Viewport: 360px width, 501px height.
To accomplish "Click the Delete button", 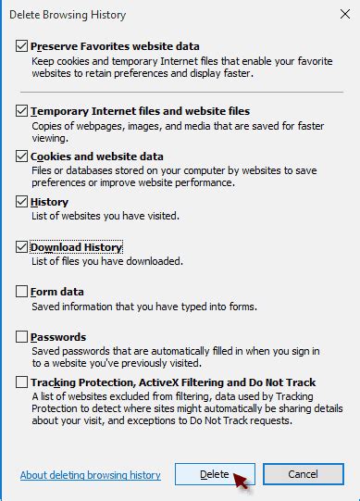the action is pyautogui.click(x=214, y=474).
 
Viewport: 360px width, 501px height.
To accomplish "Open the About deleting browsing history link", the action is pyautogui.click(x=90, y=475).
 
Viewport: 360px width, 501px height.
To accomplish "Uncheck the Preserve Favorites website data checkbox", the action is pyautogui.click(x=22, y=45).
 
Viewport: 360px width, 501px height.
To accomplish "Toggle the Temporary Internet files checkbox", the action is pyautogui.click(x=22, y=110).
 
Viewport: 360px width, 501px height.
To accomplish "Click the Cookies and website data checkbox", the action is pyautogui.click(x=22, y=157).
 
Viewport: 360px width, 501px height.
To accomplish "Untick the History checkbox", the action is pyautogui.click(x=22, y=202).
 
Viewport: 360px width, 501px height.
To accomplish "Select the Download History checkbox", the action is pyautogui.click(x=22, y=247).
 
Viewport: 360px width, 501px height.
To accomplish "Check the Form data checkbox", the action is pyautogui.click(x=22, y=292).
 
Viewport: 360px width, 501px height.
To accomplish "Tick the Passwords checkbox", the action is pyautogui.click(x=22, y=337).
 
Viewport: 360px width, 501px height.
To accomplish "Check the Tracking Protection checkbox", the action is pyautogui.click(x=22, y=382).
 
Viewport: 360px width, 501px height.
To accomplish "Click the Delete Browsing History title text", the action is pyautogui.click(x=67, y=15).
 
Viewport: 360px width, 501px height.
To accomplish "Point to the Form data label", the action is pyautogui.click(x=57, y=292).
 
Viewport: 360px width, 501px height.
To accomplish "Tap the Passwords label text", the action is pyautogui.click(x=58, y=337).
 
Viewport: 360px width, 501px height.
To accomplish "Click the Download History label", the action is pyautogui.click(x=77, y=247).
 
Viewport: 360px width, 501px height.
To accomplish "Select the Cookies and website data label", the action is pyautogui.click(x=97, y=157).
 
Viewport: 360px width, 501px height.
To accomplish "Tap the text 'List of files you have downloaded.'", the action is pyautogui.click(x=107, y=261).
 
